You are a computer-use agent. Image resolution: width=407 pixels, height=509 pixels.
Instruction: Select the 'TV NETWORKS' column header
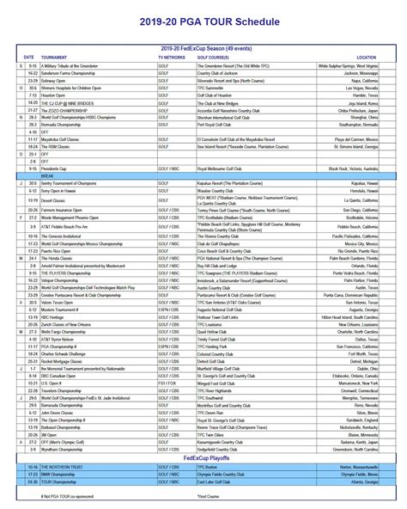point(166,58)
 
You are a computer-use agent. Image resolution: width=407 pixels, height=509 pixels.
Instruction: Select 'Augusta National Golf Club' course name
point(222,309)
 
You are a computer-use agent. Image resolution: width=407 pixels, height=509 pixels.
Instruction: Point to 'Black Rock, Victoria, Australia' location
point(356,169)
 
